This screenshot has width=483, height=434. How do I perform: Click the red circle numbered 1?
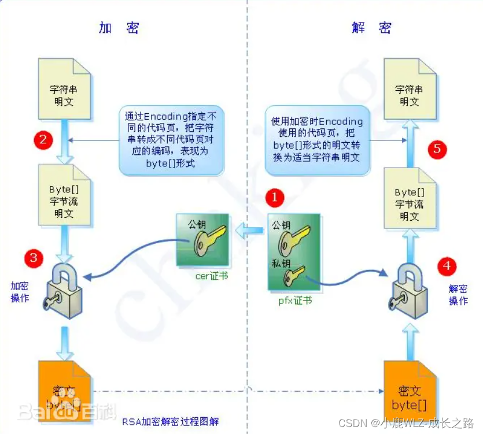pyautogui.click(x=274, y=198)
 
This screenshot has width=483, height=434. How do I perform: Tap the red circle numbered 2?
pyautogui.click(x=43, y=140)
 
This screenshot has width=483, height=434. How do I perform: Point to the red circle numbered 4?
pyautogui.click(x=446, y=266)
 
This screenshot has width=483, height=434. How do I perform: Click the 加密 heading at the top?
pyautogui.click(x=119, y=28)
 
